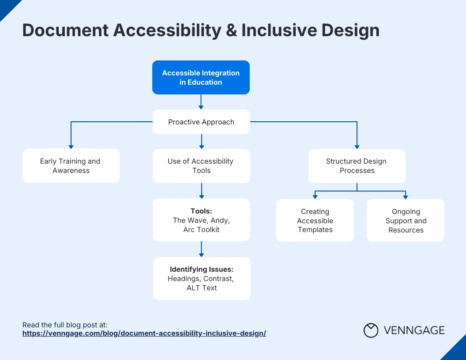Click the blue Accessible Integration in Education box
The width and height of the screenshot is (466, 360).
pyautogui.click(x=201, y=78)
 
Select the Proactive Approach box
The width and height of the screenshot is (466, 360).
pyautogui.click(x=201, y=122)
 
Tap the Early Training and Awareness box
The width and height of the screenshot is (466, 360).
pyautogui.click(x=71, y=166)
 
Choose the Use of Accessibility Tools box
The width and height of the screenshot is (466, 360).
pyautogui.click(x=201, y=166)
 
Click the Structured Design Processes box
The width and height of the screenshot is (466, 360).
pyautogui.click(x=357, y=166)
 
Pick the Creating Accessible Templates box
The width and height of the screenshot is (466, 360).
pyautogui.click(x=315, y=221)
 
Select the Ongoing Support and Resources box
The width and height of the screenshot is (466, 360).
pyautogui.click(x=406, y=221)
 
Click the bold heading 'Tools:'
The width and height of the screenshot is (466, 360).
pyautogui.click(x=201, y=211)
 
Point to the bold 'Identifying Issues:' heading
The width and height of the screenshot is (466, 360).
pyautogui.click(x=202, y=269)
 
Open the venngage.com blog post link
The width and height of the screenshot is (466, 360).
pyautogui.click(x=144, y=333)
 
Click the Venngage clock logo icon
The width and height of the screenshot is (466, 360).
pyautogui.click(x=371, y=330)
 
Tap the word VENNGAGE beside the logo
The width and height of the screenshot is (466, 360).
pyautogui.click(x=414, y=330)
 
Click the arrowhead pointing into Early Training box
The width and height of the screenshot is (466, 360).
pyautogui.click(x=71, y=146)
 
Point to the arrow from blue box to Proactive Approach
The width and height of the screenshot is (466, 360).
pyautogui.click(x=201, y=102)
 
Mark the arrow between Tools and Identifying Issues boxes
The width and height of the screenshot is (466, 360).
pyautogui.click(x=201, y=249)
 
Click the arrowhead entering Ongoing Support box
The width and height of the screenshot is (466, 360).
pyautogui.click(x=406, y=196)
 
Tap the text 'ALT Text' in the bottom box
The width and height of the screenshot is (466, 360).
pyautogui.click(x=202, y=288)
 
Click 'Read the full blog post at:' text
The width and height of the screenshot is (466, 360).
pyautogui.click(x=65, y=325)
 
